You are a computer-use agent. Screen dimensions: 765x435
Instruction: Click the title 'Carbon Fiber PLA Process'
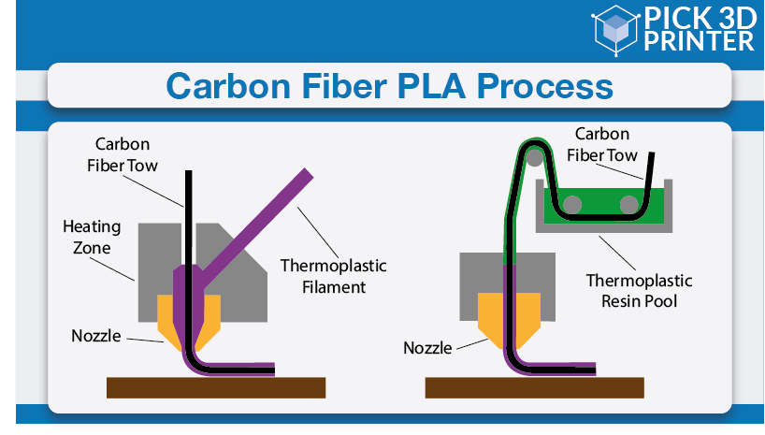coord(389,86)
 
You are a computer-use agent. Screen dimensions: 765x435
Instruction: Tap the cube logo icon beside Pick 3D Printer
coord(615,29)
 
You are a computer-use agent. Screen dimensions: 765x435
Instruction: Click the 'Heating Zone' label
coord(92,238)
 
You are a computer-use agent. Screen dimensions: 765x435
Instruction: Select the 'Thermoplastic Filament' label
coord(334,276)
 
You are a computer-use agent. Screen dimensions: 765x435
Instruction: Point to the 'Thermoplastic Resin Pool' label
coord(639,291)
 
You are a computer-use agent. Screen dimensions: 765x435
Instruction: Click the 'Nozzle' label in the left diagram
coord(96,336)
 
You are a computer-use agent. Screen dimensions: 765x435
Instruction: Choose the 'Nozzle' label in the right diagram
coord(428,348)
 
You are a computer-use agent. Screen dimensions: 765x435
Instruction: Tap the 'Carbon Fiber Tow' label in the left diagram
coord(123,154)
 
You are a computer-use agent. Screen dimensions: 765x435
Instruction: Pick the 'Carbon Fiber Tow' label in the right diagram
coord(602,144)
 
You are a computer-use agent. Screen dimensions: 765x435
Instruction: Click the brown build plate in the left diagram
coord(216,387)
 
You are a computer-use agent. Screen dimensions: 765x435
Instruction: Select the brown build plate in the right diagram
coord(535,387)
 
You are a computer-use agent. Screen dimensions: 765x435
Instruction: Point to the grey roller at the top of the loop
coord(535,158)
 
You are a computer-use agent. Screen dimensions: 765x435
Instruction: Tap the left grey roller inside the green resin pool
coord(572,205)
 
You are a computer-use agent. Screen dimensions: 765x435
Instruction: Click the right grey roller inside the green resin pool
coord(628,205)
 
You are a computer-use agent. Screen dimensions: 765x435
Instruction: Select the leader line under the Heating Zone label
coord(112,269)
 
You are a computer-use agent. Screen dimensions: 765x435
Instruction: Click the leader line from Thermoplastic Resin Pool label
coord(617,253)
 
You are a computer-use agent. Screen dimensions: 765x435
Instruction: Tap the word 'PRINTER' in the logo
coord(700,41)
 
